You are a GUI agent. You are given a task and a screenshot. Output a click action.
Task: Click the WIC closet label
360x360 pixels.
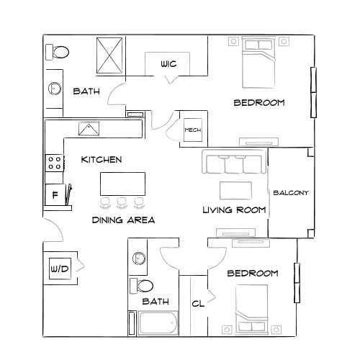click(169, 65)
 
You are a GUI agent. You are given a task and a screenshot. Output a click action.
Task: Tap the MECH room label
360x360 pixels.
click(192, 130)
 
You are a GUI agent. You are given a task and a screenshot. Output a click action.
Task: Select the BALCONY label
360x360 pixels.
click(291, 192)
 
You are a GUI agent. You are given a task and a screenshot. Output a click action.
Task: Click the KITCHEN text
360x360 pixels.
click(101, 159)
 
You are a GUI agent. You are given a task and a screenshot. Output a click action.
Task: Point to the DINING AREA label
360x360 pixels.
click(124, 220)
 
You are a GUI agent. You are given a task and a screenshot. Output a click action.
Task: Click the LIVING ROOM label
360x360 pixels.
click(234, 210)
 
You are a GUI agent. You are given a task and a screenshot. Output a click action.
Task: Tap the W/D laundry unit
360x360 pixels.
click(59, 269)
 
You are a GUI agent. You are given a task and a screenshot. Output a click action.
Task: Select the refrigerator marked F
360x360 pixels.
click(55, 194)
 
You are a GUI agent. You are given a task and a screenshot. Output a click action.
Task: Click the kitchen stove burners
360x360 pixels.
click(54, 163)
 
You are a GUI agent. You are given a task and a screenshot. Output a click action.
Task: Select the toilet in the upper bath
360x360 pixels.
click(58, 52)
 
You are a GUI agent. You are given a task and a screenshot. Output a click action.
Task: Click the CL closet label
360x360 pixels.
click(198, 304)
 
